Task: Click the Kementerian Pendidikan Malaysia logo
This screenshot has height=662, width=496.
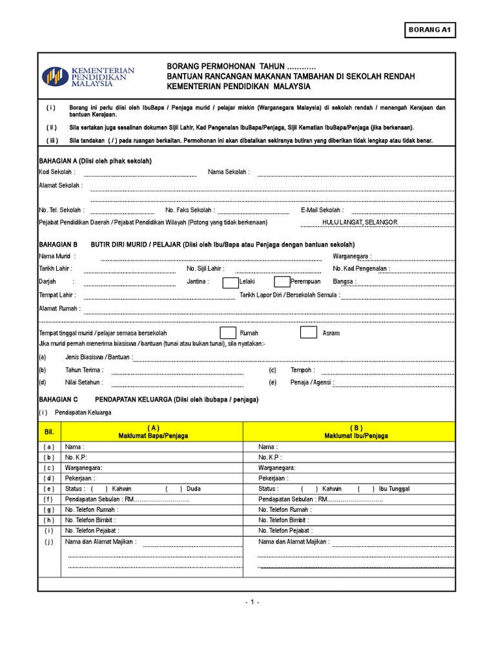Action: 88,77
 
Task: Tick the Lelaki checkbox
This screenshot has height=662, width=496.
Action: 230,282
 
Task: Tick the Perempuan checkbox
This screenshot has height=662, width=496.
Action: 282,282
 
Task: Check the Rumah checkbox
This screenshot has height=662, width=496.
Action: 228,332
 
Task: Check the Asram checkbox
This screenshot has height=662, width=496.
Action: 308,332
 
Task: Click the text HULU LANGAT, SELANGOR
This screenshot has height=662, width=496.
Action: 360,222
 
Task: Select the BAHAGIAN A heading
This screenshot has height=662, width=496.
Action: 96,161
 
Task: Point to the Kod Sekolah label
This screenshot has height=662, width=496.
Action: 57,172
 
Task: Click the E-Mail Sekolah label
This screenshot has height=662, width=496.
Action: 322,210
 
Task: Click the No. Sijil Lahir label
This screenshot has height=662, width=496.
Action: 205,269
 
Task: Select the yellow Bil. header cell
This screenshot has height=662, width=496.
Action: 49,431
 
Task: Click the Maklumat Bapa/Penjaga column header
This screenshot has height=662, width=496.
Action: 152,432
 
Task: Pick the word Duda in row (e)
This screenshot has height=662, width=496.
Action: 193,489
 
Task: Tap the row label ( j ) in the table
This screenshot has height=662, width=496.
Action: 49,542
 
